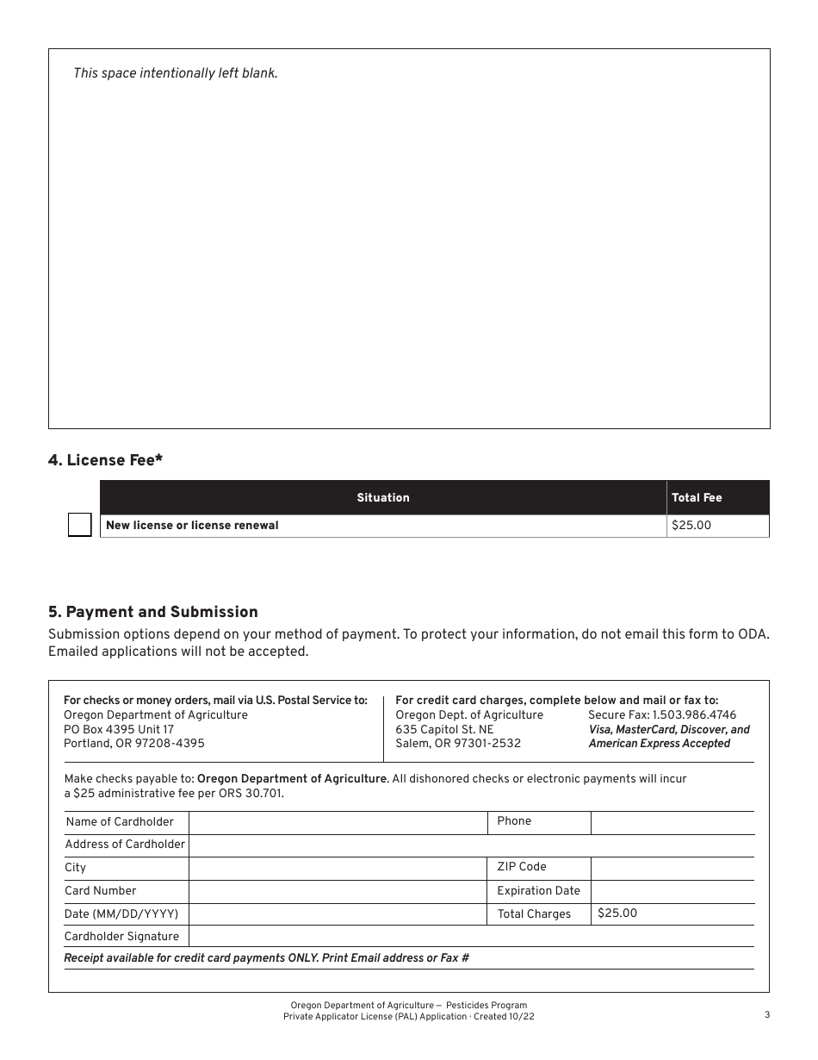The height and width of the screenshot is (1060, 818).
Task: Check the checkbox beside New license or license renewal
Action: pos(80,525)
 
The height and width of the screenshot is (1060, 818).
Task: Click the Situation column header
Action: pos(383,497)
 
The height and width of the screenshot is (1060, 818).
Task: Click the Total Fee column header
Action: pos(697,497)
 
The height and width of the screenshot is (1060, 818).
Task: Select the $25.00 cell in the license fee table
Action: pos(691,525)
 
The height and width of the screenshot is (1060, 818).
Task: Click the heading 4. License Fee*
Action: pos(105,460)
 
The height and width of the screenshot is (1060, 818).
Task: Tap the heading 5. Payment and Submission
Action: pos(152,612)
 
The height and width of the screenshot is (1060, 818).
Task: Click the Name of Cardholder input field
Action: pos(338,822)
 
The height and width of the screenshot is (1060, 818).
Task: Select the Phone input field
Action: pos(672,822)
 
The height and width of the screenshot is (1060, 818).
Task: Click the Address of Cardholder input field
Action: pos(470,845)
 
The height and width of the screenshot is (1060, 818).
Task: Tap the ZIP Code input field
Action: pos(672,868)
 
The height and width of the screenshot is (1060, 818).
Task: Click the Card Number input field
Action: pos(338,891)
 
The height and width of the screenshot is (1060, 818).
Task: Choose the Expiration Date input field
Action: pos(672,891)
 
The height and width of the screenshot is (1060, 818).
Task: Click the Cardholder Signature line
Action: pos(470,936)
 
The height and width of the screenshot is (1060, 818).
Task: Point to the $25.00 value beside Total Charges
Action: pos(617,913)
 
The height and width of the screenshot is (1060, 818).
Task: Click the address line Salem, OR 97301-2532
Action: pos(458,743)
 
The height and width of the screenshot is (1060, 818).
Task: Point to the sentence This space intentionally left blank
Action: pos(176,73)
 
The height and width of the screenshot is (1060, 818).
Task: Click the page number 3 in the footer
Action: pos(766,1014)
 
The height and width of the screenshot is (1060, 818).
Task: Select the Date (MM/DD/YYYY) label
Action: pos(121,913)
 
